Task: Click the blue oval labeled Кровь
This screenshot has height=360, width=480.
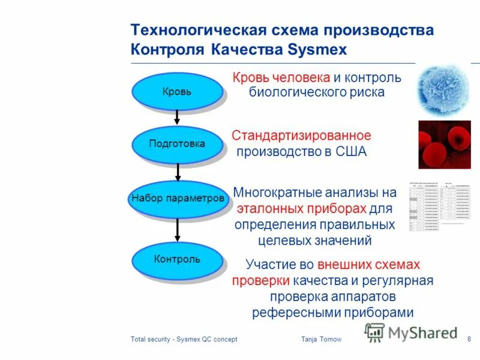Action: click(177, 91)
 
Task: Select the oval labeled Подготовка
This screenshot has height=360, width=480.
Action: click(177, 144)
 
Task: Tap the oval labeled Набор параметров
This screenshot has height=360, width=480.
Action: click(178, 198)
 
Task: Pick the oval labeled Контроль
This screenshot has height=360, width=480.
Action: click(177, 259)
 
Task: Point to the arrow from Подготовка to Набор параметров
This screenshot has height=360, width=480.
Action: click(178, 172)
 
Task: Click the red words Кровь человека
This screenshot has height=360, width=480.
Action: click(281, 78)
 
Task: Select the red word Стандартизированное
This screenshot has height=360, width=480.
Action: click(301, 136)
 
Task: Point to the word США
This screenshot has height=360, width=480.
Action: click(351, 152)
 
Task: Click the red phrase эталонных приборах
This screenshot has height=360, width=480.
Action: click(301, 209)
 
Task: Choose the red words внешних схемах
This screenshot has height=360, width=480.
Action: click(368, 264)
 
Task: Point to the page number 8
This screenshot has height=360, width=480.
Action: click(469, 340)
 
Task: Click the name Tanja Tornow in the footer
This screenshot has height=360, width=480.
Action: click(321, 340)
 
